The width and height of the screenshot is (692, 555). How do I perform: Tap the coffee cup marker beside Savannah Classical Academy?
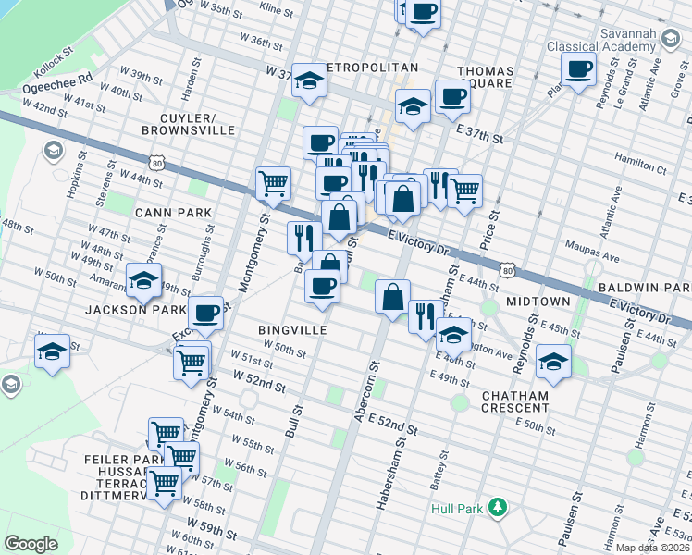click(578, 69)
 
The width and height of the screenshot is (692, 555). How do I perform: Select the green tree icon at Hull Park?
click(498, 507)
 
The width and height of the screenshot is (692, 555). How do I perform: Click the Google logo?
click(31, 544)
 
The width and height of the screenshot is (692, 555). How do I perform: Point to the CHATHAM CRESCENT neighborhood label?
click(515, 402)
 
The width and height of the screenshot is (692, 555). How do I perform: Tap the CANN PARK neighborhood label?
click(173, 213)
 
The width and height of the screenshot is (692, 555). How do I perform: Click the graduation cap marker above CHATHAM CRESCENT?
click(553, 362)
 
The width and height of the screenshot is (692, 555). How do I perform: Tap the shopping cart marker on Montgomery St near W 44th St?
click(273, 183)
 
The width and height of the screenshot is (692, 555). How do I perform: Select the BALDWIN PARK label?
click(644, 290)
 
